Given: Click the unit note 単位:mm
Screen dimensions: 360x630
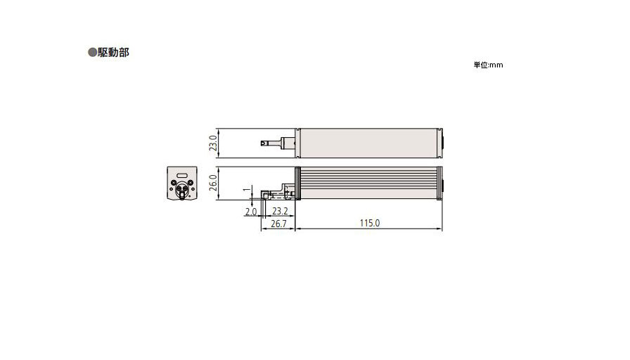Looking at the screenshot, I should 488,65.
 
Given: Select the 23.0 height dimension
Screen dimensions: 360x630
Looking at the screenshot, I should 213,144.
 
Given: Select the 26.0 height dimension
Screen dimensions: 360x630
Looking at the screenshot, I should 213,185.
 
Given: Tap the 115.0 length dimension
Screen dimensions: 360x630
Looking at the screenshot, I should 369,224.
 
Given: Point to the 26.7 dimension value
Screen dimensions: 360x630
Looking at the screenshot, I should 278,224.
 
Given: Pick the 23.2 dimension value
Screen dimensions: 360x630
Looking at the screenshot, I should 279,211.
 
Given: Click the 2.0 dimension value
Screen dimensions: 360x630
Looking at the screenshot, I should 250,211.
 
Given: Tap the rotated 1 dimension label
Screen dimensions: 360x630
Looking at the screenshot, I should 245,191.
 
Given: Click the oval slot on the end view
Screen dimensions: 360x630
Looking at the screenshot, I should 182,174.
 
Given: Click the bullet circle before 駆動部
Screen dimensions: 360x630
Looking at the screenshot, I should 91,53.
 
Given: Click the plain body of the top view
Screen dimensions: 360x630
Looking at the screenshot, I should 369,143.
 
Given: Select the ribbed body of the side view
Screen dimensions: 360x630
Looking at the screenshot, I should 369,184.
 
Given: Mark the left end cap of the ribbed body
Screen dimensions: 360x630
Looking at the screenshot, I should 298,184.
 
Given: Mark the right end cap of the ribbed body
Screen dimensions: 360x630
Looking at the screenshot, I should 440,184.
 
